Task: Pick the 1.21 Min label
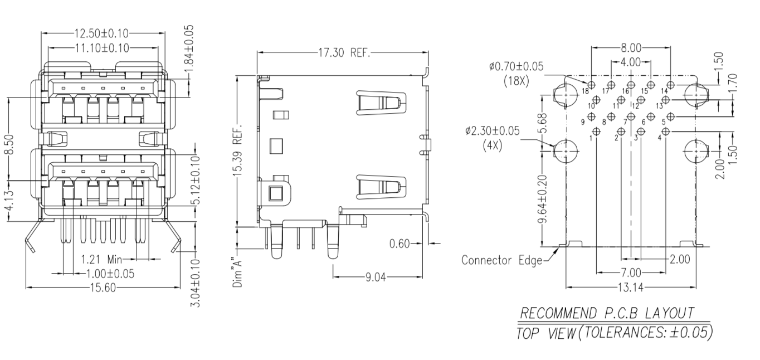tap(102, 259)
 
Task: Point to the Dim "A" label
tap(237, 273)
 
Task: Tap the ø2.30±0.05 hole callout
tap(492, 131)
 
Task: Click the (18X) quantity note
tap(516, 80)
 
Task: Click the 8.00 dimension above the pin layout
tap(631, 48)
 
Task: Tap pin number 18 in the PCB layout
tap(586, 91)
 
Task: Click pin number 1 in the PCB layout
tap(591, 138)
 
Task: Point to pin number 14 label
tap(664, 91)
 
